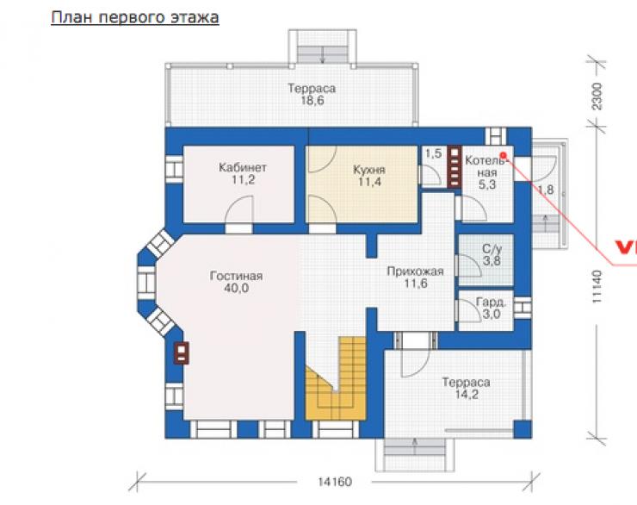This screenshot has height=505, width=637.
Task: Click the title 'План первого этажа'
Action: click(135, 18)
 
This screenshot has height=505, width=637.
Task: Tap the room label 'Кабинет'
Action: click(243, 167)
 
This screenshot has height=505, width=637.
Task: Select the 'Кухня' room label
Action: click(369, 170)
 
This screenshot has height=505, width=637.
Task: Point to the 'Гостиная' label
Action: click(236, 276)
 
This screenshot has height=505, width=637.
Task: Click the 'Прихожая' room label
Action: click(415, 271)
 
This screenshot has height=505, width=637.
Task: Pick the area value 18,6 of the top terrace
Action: click(312, 101)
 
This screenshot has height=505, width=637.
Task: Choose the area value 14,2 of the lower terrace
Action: click(467, 394)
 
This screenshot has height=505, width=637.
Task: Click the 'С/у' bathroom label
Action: click(492, 248)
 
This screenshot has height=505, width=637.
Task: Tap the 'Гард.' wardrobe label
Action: click(492, 302)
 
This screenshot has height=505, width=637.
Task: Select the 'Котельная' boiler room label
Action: click(486, 166)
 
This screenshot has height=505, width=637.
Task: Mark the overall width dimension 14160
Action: click(335, 482)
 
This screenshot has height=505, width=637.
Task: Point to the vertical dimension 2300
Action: click(597, 97)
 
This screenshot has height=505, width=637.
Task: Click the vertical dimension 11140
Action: click(597, 287)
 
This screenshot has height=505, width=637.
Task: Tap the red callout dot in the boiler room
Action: click(503, 155)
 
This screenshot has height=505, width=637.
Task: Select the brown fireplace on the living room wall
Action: click(182, 353)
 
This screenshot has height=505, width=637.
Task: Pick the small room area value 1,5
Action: click(433, 153)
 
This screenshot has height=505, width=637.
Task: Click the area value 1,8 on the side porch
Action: click(546, 190)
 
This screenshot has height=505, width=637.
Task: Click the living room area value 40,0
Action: click(236, 288)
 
